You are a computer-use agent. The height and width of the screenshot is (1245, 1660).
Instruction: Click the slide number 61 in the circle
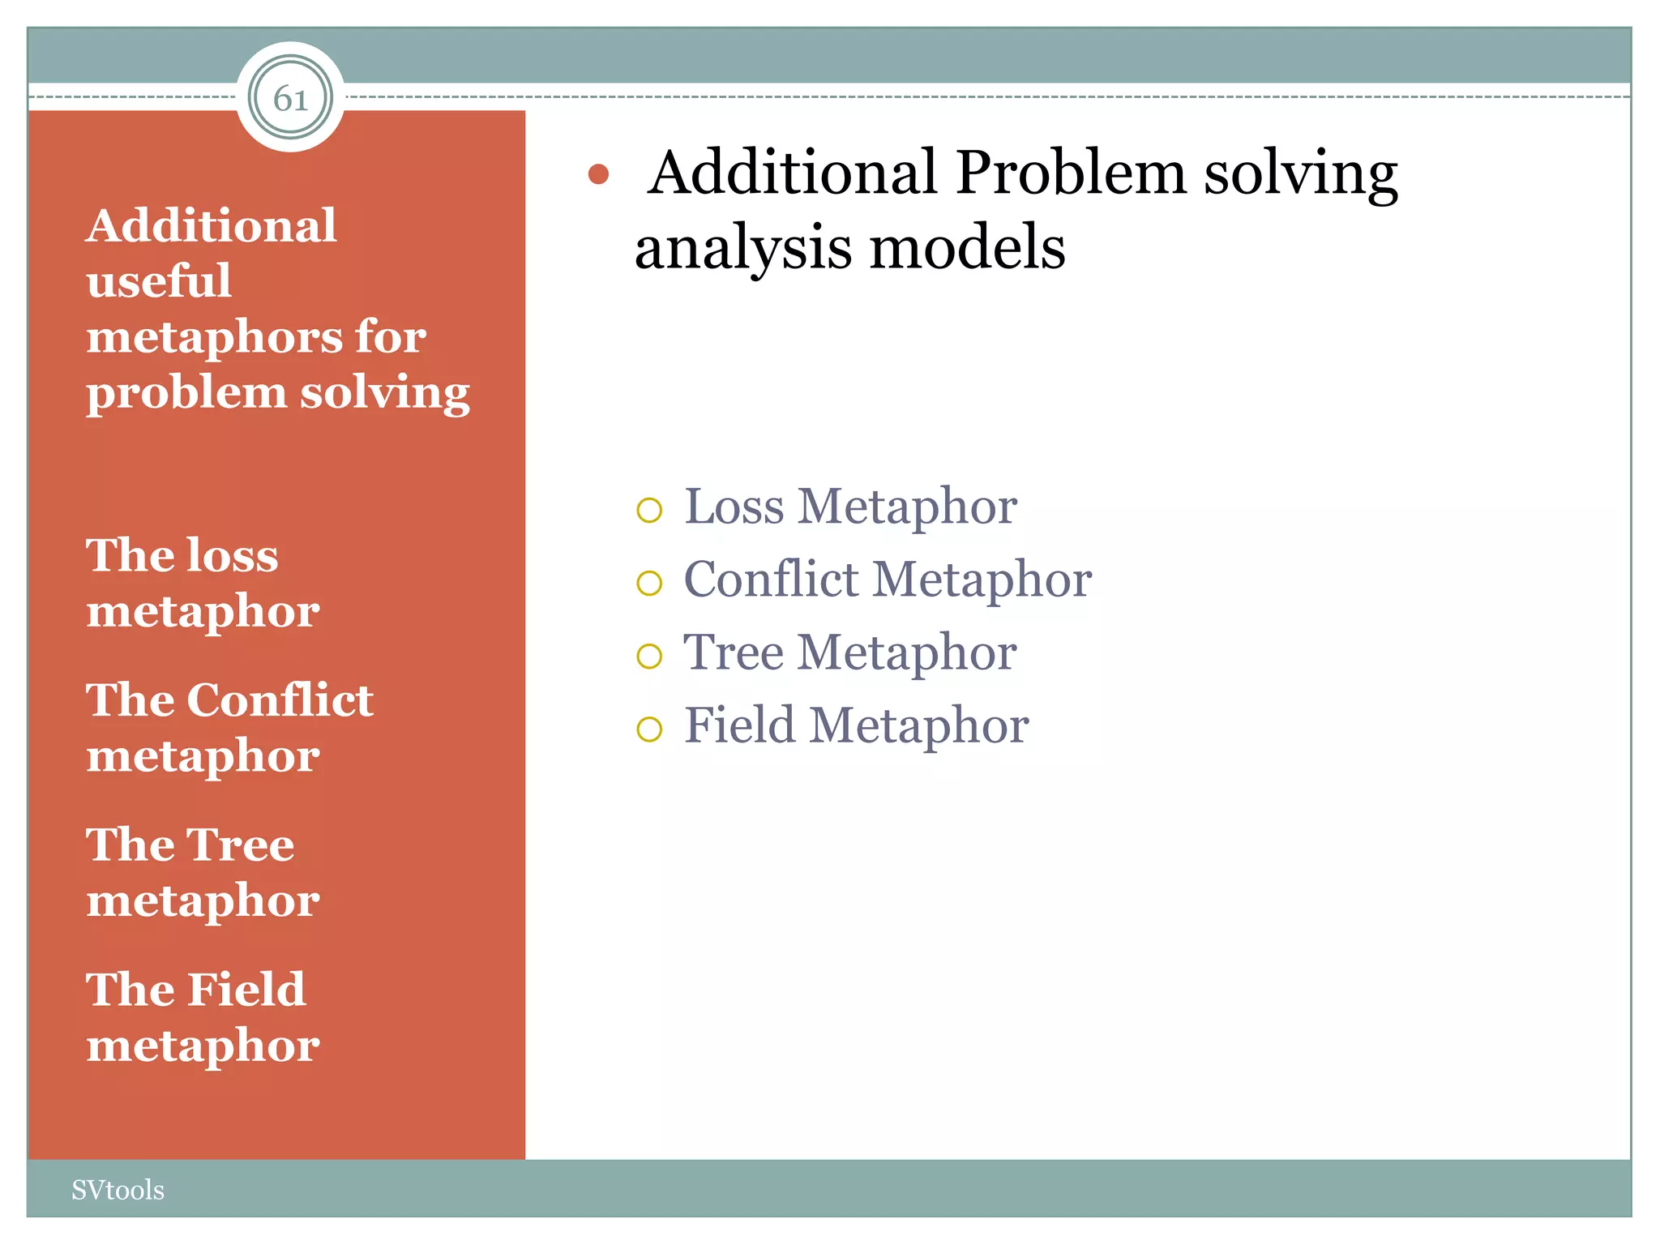290,99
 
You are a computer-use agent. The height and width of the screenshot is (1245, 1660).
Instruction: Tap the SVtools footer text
118,1190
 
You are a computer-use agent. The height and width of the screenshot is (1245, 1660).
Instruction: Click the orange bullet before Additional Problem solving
598,174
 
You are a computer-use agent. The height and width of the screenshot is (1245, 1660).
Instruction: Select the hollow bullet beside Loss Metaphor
649,510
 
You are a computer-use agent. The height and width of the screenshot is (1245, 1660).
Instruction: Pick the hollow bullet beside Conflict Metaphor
649,583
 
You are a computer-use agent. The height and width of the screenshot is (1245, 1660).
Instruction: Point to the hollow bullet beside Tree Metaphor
649,656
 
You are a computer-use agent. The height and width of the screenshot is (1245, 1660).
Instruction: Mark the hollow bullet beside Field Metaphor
649,729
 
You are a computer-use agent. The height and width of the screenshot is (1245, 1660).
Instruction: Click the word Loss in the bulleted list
734,507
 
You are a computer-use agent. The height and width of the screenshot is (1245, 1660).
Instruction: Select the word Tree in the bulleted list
734,652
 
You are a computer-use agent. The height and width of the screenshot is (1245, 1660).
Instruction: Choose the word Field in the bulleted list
739,725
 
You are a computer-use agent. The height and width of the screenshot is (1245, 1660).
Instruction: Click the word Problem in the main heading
1070,173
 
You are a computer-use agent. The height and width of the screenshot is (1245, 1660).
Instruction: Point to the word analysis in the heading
742,248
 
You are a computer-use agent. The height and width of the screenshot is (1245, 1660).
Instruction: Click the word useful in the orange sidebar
159,281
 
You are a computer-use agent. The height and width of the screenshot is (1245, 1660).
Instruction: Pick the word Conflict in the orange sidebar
280,700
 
